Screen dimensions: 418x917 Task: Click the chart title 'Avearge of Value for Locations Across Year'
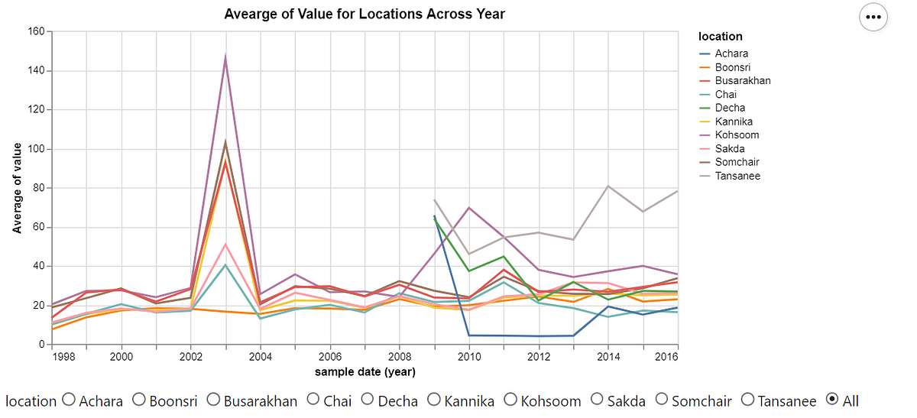365,14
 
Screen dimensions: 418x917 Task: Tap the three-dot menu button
873,17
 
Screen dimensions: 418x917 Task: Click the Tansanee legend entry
737,176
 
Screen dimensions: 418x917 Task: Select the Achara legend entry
731,53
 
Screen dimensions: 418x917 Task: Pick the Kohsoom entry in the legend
737,135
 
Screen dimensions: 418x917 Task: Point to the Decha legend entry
730,108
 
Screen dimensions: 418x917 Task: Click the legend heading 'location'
720,37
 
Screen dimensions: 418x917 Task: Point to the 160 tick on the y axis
36,31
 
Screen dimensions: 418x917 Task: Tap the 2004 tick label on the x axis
261,357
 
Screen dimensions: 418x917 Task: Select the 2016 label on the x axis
666,357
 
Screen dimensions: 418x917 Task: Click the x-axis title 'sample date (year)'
365,371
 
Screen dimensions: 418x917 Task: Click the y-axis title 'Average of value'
17,188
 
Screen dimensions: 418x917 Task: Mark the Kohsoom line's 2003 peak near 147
225,57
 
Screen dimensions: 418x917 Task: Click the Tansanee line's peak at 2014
608,186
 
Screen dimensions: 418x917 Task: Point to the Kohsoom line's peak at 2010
469,208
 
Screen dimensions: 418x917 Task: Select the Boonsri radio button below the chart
139,400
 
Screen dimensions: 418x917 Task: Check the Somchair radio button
662,400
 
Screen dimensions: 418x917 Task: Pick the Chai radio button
313,400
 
